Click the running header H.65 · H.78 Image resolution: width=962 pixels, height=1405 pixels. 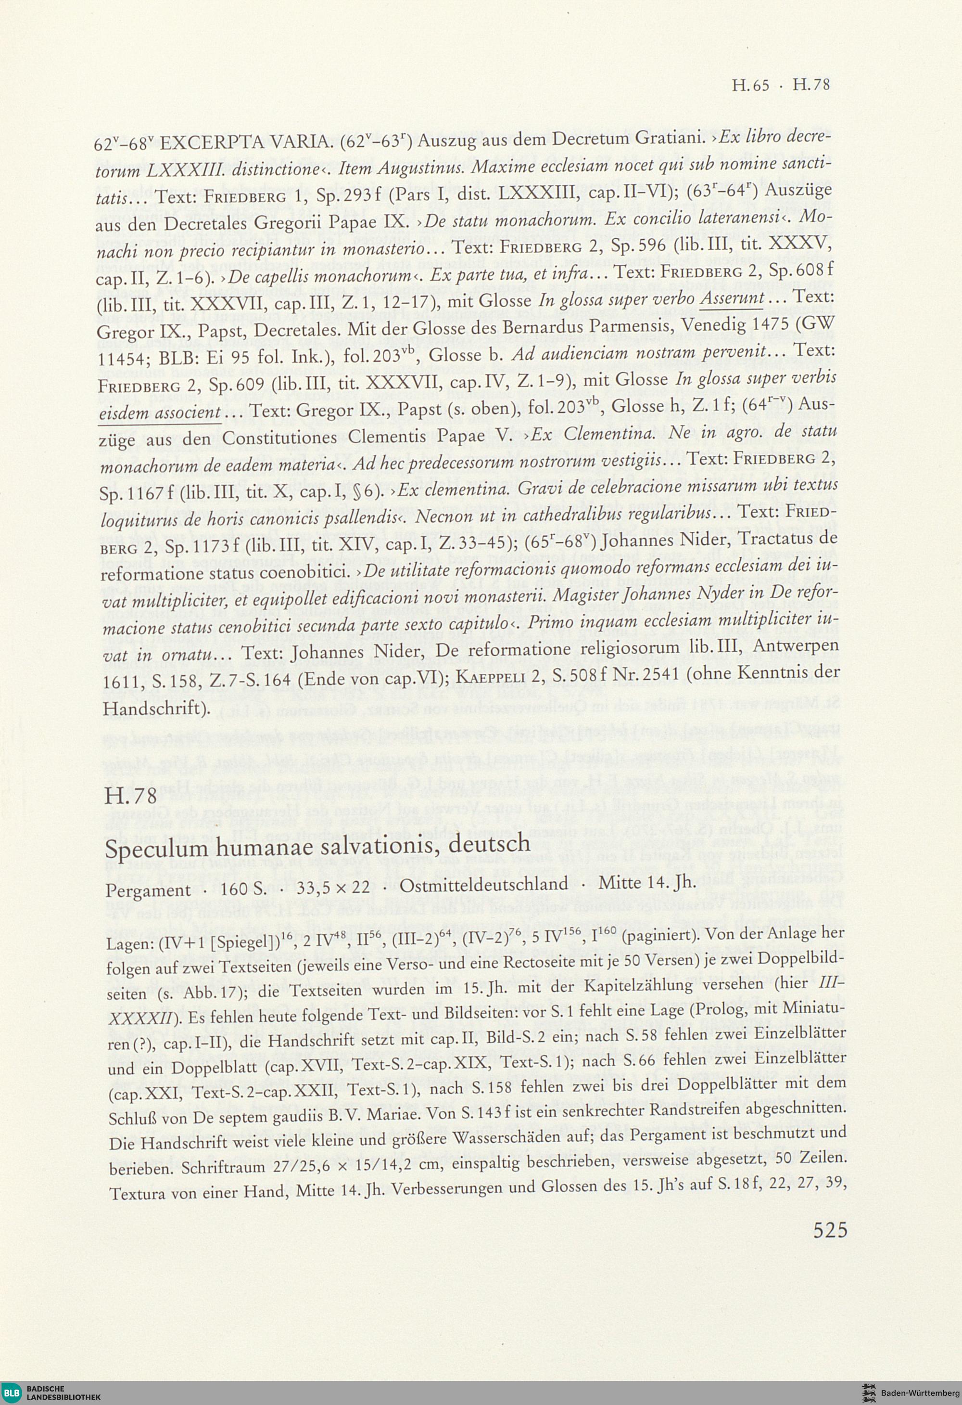point(781,85)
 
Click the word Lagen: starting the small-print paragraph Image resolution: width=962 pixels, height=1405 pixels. point(127,937)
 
